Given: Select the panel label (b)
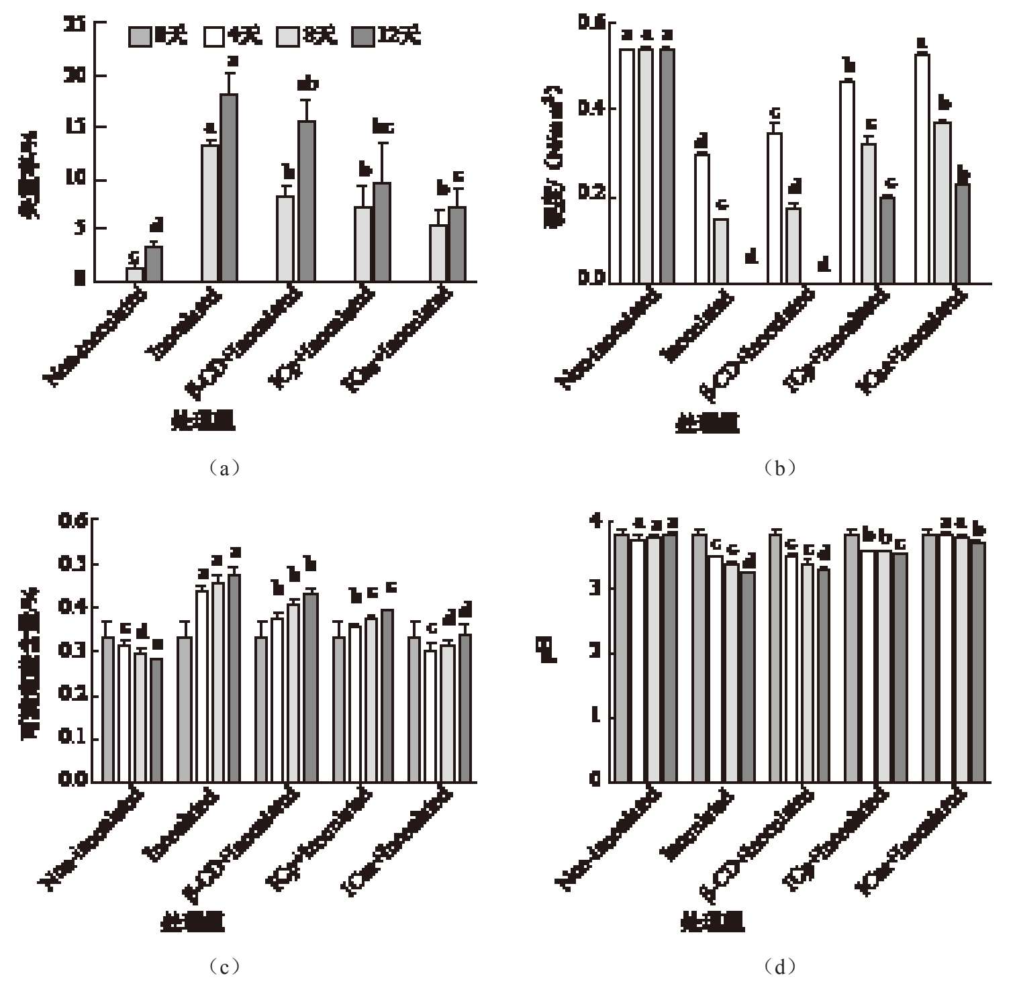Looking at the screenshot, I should tap(778, 468).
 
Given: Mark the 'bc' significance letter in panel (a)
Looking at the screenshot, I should tap(383, 127).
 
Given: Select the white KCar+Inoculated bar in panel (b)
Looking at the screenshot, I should tap(922, 168).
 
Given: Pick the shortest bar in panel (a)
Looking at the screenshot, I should tap(136, 275).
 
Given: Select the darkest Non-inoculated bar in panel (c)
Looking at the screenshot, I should tap(156, 720).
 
